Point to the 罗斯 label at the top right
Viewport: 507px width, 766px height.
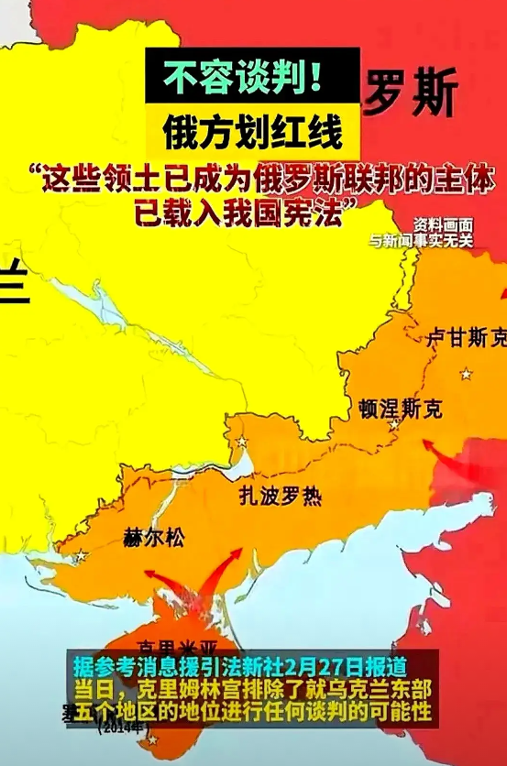[x=411, y=94]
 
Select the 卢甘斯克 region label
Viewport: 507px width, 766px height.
[x=467, y=338]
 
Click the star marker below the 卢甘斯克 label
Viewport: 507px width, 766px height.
[x=468, y=373]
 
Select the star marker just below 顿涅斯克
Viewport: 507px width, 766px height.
[x=394, y=426]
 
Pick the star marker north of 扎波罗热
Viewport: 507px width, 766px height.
[x=242, y=443]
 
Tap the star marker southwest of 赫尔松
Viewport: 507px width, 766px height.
[x=82, y=554]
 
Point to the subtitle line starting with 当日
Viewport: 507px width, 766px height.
[x=250, y=687]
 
